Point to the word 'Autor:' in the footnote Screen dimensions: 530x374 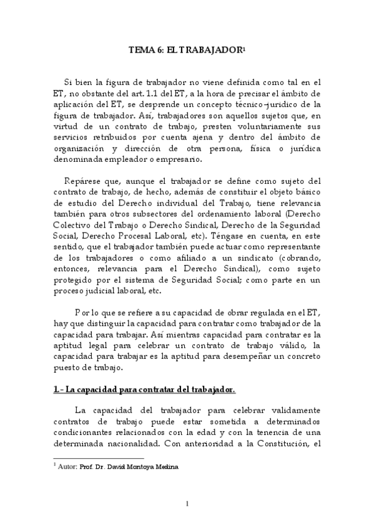(66, 466)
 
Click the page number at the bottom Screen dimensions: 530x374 (187, 504)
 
